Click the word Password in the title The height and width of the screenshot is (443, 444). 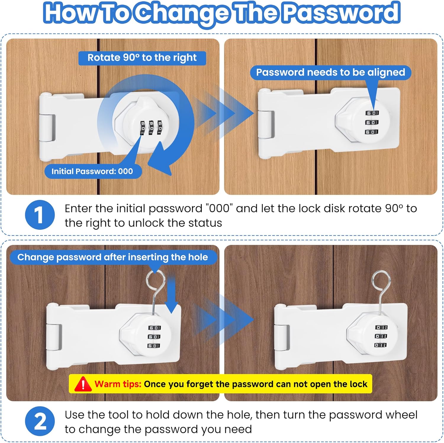[x=341, y=12]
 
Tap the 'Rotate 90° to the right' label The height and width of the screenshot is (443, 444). [x=142, y=58]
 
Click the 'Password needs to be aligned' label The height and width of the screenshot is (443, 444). [x=331, y=73]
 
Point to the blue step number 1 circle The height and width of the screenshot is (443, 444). [x=40, y=215]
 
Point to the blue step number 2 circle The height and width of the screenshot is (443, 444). [x=40, y=421]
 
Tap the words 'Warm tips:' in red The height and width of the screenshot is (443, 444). [x=118, y=384]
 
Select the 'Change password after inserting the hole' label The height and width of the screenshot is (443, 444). [x=113, y=257]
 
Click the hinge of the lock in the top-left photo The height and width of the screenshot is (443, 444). [x=48, y=127]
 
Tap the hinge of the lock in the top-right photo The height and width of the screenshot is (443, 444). [x=266, y=124]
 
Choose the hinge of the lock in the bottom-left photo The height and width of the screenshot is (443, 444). [x=54, y=337]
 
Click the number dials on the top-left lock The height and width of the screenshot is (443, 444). [x=151, y=127]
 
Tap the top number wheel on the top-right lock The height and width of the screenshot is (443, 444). [x=372, y=113]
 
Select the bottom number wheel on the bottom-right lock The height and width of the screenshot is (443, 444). [x=381, y=345]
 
